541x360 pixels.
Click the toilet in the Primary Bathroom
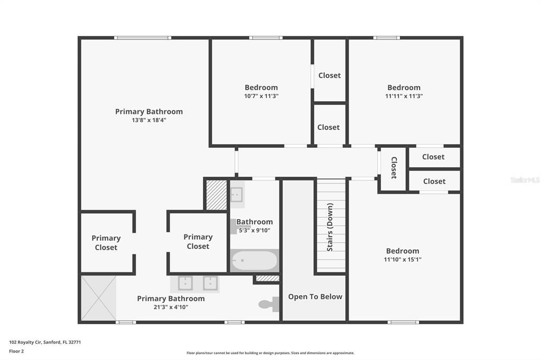pos(269,304)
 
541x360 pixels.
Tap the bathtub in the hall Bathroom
pos(255,260)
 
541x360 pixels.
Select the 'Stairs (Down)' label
pos(330,227)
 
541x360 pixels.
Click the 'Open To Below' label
pos(315,297)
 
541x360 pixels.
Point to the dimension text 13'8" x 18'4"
pos(149,120)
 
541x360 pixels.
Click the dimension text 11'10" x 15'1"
pos(403,259)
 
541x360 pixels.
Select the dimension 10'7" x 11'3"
pos(261,96)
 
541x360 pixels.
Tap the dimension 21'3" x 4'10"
pos(171,307)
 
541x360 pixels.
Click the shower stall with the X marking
pos(99,298)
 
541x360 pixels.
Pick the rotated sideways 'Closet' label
pos(394,167)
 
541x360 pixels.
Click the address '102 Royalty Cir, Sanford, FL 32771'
pos(45,342)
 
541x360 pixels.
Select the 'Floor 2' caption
pos(16,351)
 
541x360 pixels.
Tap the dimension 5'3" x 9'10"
pos(255,230)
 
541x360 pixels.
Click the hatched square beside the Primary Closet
pos(217,195)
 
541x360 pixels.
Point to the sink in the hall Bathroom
pos(237,194)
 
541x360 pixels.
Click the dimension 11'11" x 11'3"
pos(404,96)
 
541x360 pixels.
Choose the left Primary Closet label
pos(106,243)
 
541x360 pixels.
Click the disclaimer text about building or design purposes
pos(270,353)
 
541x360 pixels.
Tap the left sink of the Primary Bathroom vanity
pos(185,283)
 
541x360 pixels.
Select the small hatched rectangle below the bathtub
pos(267,278)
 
